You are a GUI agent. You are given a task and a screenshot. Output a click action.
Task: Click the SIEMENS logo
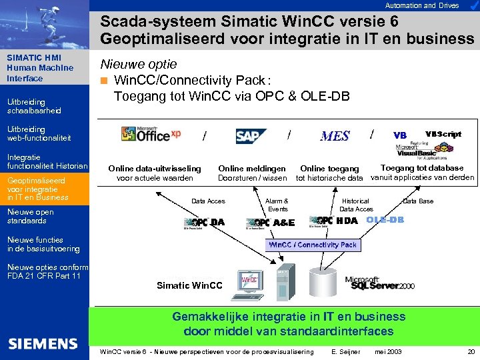pos(43,343)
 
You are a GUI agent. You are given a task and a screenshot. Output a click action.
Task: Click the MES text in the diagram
pos(335,136)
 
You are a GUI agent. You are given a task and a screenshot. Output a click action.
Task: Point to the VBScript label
pos(443,134)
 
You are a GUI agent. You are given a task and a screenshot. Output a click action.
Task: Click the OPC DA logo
pos(204,223)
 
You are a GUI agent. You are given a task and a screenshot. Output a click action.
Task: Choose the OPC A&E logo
pos(270,223)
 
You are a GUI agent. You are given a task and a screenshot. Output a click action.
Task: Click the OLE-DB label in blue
pos(385,220)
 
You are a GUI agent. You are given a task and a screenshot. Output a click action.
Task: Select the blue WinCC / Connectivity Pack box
pos(313,245)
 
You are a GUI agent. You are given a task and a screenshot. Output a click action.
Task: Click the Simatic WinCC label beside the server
pos(190,285)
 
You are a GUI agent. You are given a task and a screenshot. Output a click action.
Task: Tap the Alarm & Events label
pos(277,205)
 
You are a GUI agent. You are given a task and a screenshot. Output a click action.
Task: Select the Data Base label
pos(418,201)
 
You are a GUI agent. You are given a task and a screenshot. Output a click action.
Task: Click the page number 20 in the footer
pos(471,351)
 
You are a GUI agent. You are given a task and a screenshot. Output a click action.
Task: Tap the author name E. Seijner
pos(345,351)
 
